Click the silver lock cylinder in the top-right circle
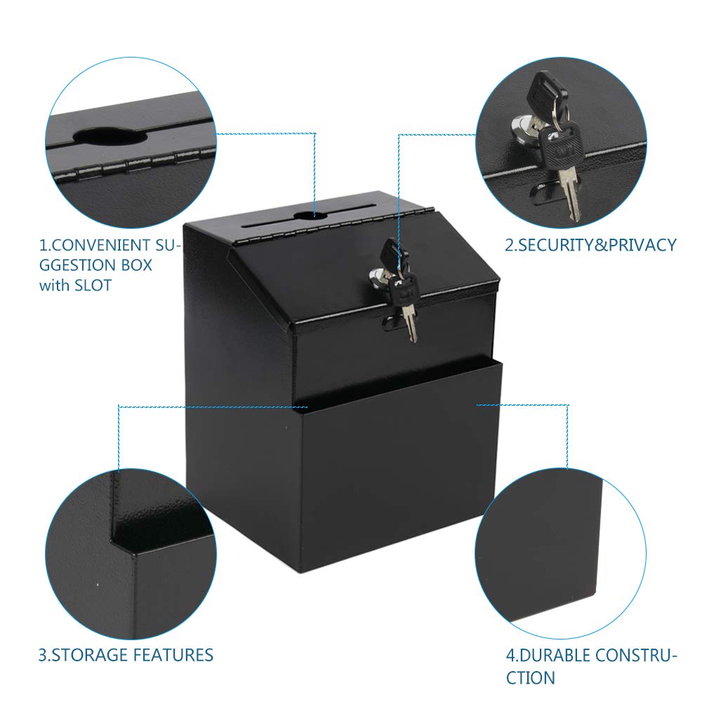(523, 126)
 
